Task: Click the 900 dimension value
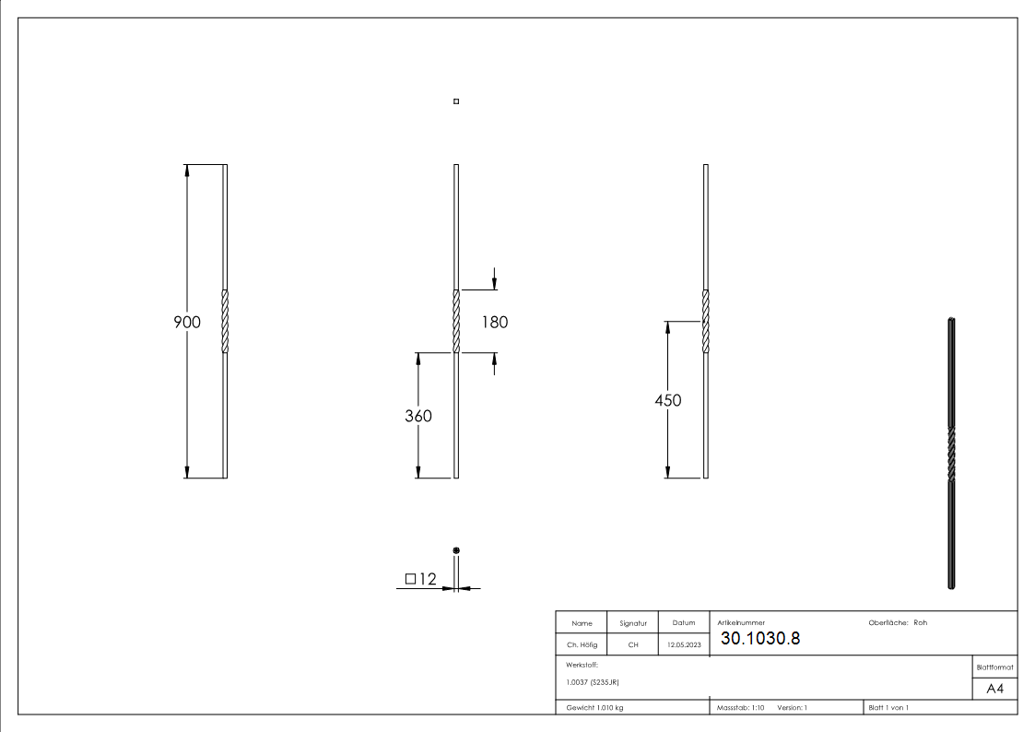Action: tap(187, 322)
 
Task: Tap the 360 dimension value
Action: tap(418, 416)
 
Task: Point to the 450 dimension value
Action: tap(668, 400)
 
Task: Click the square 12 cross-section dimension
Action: tap(419, 579)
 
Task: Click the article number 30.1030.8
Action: tap(760, 639)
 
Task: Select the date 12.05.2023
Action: tap(684, 645)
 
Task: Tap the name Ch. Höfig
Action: tap(582, 645)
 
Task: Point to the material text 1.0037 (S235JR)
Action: tap(593, 682)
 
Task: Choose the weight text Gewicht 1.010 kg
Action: tap(594, 707)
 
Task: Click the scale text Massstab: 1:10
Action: tap(741, 707)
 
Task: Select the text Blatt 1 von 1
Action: tap(888, 707)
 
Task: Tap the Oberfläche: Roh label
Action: tap(898, 622)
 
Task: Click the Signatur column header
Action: tap(633, 623)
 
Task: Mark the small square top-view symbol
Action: tap(456, 101)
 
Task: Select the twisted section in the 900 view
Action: tap(225, 322)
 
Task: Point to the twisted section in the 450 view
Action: tap(706, 322)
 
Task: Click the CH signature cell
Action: tap(633, 645)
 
